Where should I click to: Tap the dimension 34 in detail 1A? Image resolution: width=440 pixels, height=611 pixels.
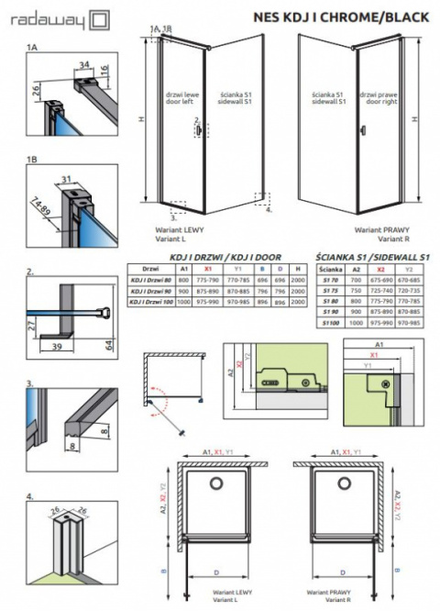click(84, 63)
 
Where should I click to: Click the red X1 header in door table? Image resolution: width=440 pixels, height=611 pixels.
click(212, 272)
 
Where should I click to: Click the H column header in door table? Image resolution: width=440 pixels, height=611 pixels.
click(299, 272)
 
